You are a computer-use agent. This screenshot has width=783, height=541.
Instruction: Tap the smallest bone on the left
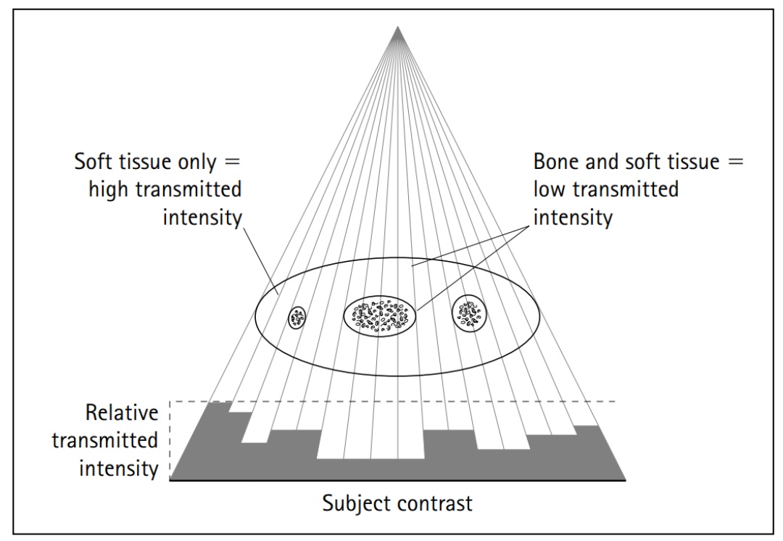point(297,317)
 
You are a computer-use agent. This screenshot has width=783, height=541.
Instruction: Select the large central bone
point(381,315)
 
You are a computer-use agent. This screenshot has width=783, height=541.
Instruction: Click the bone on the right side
point(470,313)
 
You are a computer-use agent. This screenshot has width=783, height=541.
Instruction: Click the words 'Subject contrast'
point(398,503)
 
